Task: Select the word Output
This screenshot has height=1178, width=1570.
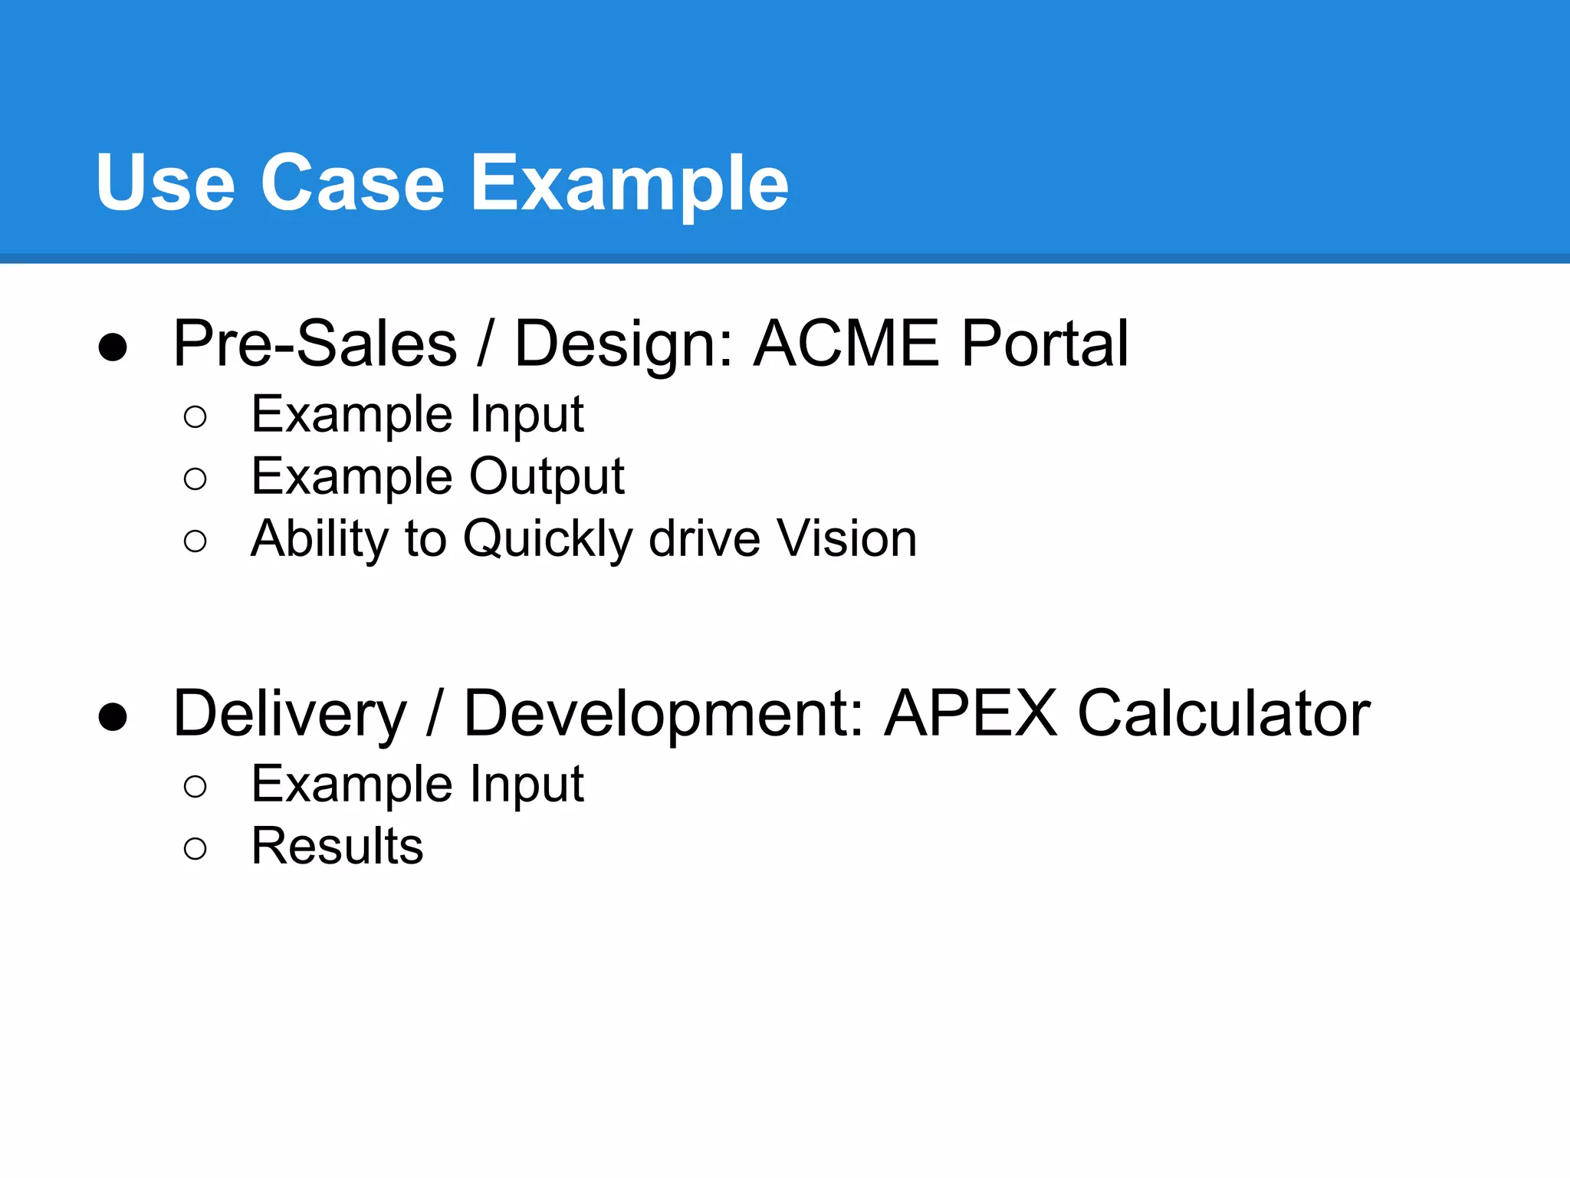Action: (547, 477)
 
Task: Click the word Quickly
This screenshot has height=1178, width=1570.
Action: (547, 539)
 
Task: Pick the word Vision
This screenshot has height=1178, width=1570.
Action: (846, 538)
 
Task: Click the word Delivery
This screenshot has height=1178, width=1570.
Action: (290, 714)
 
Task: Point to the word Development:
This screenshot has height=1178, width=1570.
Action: (664, 714)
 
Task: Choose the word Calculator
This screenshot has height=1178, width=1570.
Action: (1223, 714)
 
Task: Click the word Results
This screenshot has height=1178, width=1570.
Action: (337, 847)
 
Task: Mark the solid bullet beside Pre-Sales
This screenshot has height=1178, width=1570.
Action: (113, 347)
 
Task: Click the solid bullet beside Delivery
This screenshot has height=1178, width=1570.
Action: (113, 717)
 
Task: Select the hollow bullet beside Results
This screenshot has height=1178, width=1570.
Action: (195, 848)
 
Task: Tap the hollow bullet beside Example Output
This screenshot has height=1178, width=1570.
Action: (195, 479)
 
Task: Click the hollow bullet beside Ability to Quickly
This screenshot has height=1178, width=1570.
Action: (195, 541)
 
